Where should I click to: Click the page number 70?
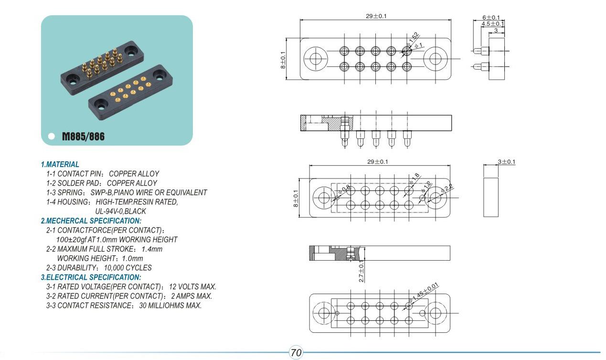click(x=296, y=353)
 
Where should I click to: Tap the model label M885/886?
click(x=83, y=137)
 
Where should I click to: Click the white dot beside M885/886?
click(x=51, y=137)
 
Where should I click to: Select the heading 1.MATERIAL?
click(x=60, y=164)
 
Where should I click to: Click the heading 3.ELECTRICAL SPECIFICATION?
click(x=91, y=277)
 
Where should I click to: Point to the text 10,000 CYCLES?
click(x=128, y=268)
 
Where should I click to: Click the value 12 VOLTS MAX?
click(x=192, y=286)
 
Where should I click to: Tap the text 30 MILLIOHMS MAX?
click(x=170, y=306)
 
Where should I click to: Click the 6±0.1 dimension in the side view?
click(x=491, y=17)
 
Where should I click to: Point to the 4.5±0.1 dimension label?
click(x=493, y=24)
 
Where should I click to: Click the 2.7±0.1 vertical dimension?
click(x=361, y=271)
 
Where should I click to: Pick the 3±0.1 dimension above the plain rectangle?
click(x=507, y=162)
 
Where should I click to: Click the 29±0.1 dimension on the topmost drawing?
click(x=376, y=16)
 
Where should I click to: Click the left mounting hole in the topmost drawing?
click(x=316, y=59)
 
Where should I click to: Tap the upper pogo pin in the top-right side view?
click(x=480, y=51)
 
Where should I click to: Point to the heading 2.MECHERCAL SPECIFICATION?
click(x=91, y=221)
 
